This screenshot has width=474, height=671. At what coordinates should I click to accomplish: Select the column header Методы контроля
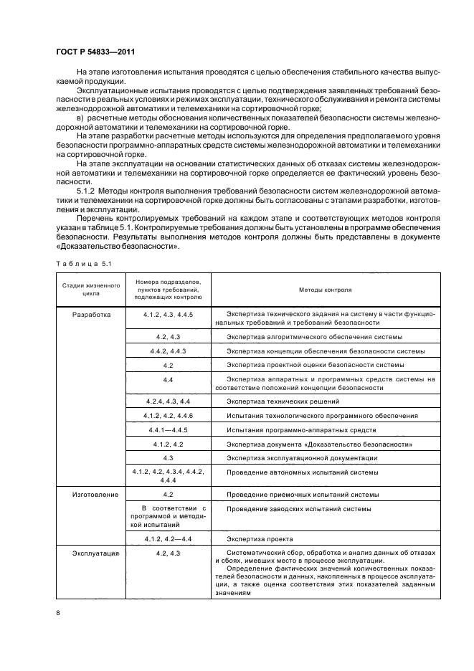pyautogui.click(x=325, y=290)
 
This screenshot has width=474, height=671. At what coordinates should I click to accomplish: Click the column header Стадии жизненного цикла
pyautogui.click(x=87, y=290)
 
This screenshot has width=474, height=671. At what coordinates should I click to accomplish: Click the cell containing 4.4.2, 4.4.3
pyautogui.click(x=168, y=351)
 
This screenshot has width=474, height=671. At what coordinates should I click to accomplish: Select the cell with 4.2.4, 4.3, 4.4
pyautogui.click(x=168, y=401)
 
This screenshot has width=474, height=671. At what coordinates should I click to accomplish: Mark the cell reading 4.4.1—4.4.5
pyautogui.click(x=168, y=429)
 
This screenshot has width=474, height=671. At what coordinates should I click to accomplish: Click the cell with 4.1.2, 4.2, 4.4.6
pyautogui.click(x=168, y=415)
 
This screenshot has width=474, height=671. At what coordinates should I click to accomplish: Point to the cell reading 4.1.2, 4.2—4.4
pyautogui.click(x=168, y=538)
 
